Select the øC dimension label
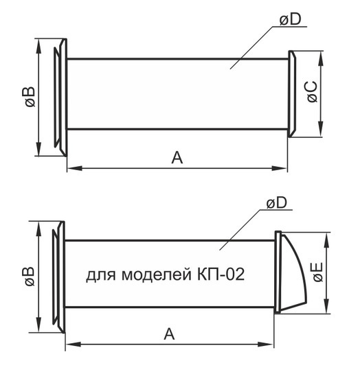coord(312,93)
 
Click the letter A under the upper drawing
coord(177,158)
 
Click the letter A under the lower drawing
coord(168,334)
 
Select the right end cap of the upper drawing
coord(291,95)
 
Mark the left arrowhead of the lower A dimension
coord(69,343)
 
